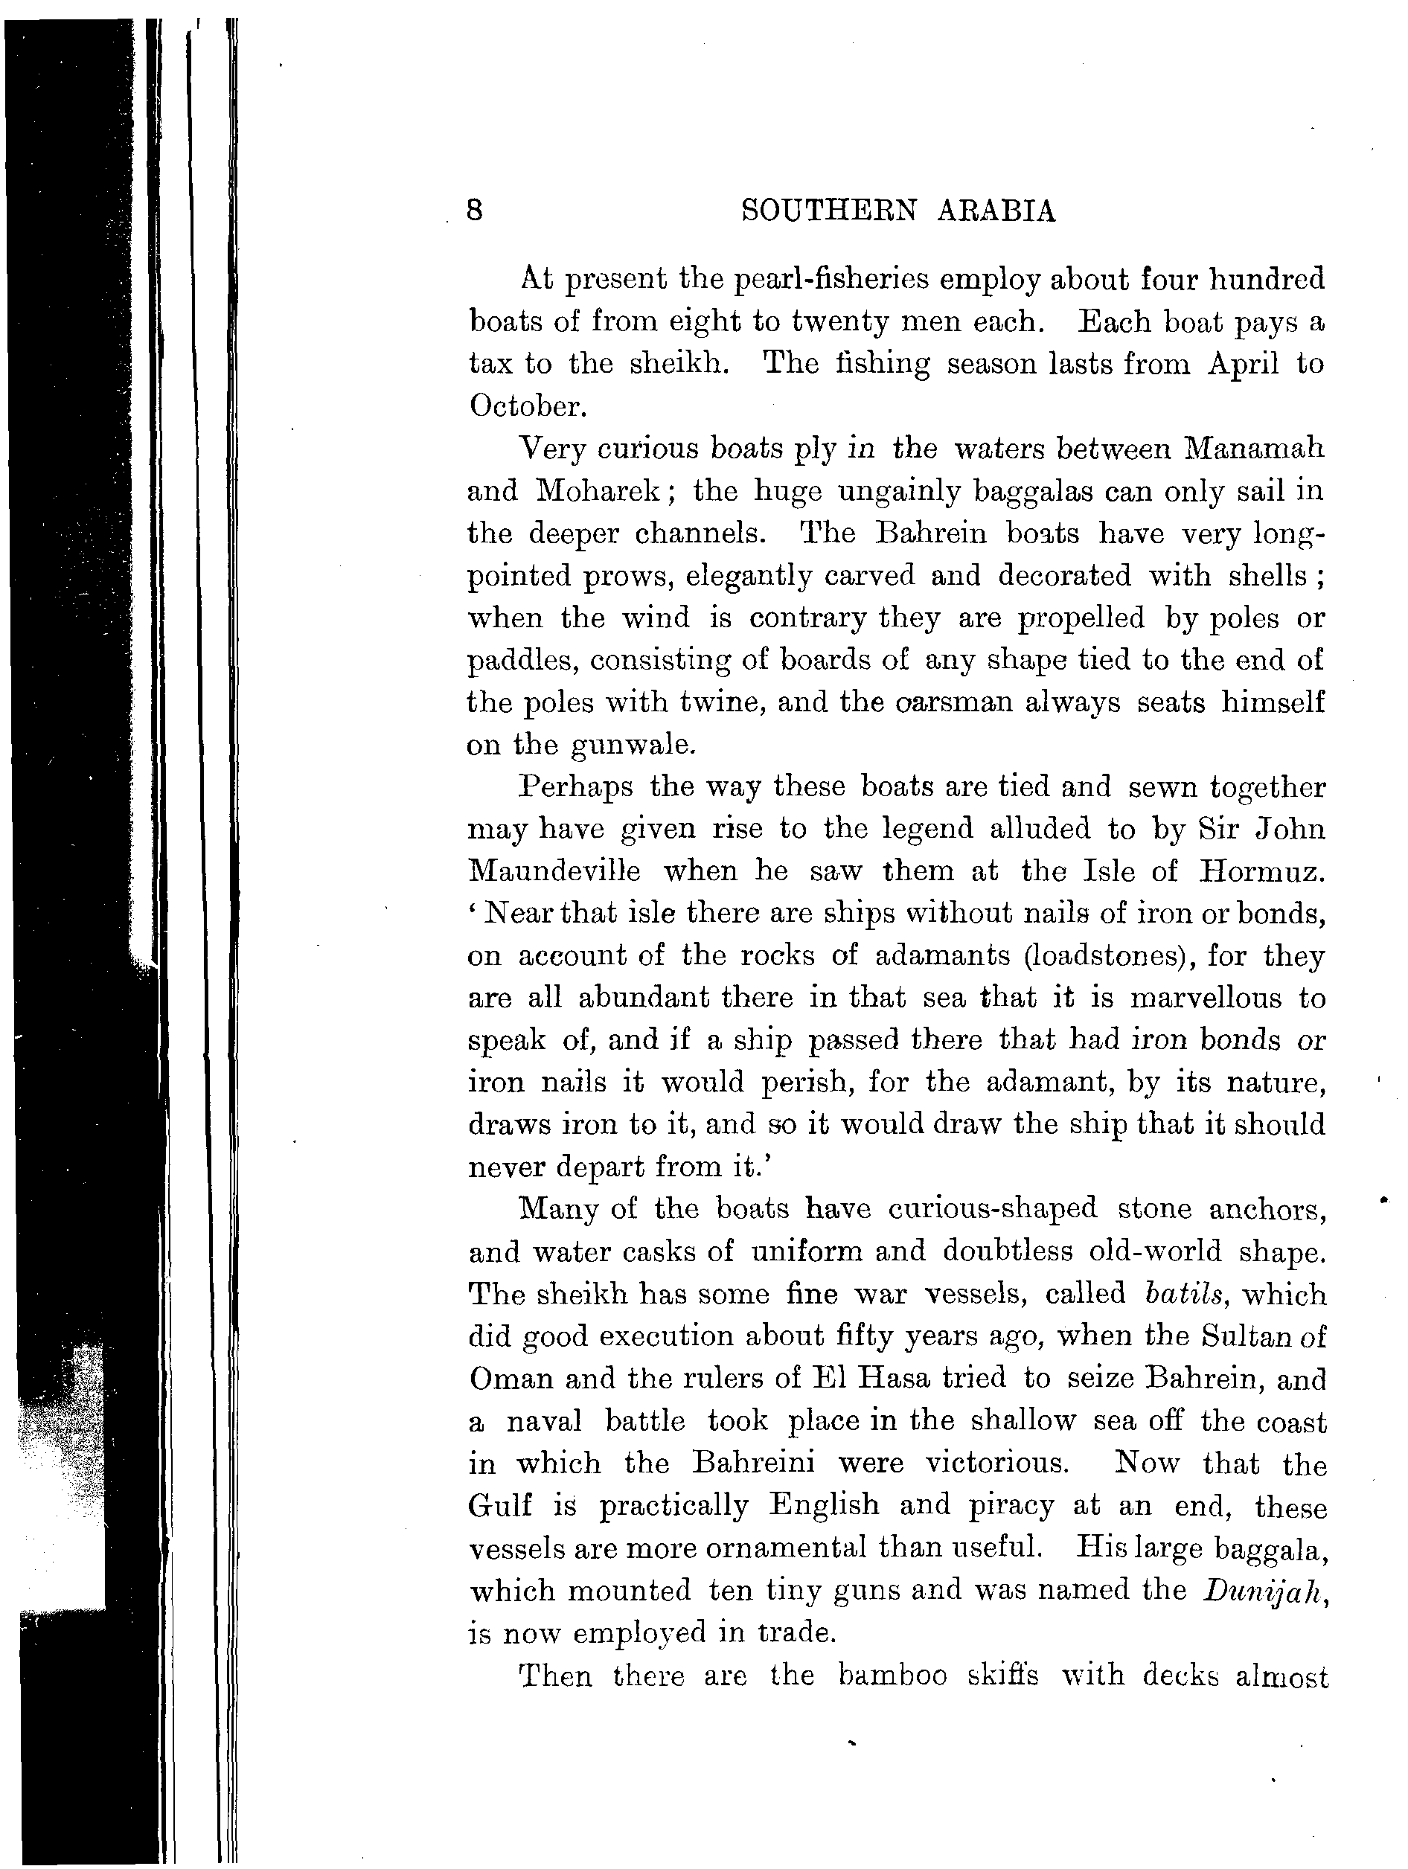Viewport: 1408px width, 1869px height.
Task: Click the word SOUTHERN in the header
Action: tap(828, 211)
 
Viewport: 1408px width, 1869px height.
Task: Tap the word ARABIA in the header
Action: tap(996, 211)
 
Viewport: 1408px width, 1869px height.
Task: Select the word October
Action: tap(525, 406)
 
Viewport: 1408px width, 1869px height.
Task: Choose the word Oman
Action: tap(506, 1379)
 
